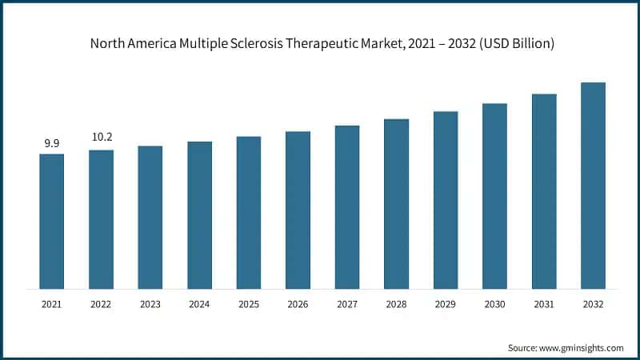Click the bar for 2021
pos(52,221)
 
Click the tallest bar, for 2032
pos(593,185)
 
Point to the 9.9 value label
pos(52,143)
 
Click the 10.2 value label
pos(102,137)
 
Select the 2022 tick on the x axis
pos(102,305)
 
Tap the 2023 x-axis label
pos(150,305)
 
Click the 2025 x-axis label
pos(249,305)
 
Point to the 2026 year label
pos(298,305)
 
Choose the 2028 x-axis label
pos(396,305)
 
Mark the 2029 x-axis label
pos(446,305)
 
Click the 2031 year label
pos(544,305)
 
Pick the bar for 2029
pos(446,199)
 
